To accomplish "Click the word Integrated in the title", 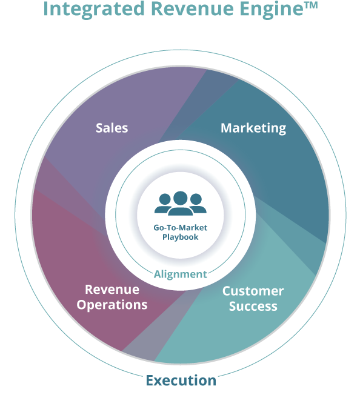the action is tap(94, 9).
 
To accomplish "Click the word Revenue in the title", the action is tap(192, 9).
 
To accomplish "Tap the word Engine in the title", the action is tap(272, 10).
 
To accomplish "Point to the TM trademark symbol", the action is tap(311, 5).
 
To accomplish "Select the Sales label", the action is tap(112, 128).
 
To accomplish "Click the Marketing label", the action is tap(253, 128).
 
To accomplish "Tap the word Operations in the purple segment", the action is tap(112, 305).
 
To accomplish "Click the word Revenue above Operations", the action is tap(112, 290).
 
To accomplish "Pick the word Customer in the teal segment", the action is tap(253, 291).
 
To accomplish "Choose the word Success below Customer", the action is tap(253, 307).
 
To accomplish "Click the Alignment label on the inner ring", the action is tap(181, 274).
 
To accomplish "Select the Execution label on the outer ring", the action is tap(181, 380).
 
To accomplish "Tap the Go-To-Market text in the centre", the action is tap(181, 228).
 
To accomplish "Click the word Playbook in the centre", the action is tap(181, 237).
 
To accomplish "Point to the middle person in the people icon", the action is tap(181, 204).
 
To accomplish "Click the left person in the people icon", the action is tap(163, 204).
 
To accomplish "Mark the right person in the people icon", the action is tap(198, 204).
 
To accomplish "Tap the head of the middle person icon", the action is tap(181, 198).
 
